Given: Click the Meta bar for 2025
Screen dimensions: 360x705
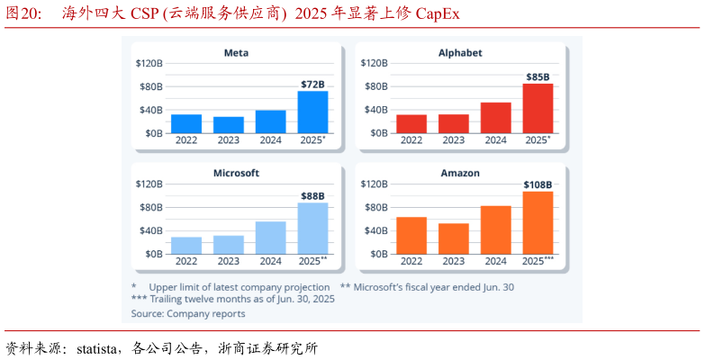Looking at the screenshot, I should [x=312, y=112].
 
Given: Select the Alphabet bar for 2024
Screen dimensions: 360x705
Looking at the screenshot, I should [x=495, y=118].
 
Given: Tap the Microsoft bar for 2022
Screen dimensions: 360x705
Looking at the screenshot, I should [x=186, y=246].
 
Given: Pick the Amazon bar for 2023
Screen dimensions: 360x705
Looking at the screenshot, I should [x=454, y=238].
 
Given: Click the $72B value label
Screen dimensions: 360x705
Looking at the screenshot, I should [x=312, y=84].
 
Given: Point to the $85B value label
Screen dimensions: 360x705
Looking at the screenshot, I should [x=538, y=76].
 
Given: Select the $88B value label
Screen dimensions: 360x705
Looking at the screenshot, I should [x=312, y=195].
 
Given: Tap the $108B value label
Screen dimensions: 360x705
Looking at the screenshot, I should [x=538, y=184].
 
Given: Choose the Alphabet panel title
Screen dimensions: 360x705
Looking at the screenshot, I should [x=461, y=53].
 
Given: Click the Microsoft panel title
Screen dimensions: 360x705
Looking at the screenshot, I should [x=236, y=173].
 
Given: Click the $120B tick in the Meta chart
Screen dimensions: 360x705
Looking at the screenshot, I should [x=149, y=64].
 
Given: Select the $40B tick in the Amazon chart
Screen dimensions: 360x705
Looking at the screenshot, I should [x=374, y=230].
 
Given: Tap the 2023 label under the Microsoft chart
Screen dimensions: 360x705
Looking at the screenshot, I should [x=229, y=261].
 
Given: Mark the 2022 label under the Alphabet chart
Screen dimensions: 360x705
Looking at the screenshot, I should [x=411, y=140].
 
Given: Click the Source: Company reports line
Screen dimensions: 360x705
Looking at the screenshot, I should [x=188, y=314].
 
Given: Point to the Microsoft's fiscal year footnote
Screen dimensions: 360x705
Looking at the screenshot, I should [x=427, y=287].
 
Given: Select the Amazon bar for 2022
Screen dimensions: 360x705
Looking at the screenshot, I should [x=411, y=235].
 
